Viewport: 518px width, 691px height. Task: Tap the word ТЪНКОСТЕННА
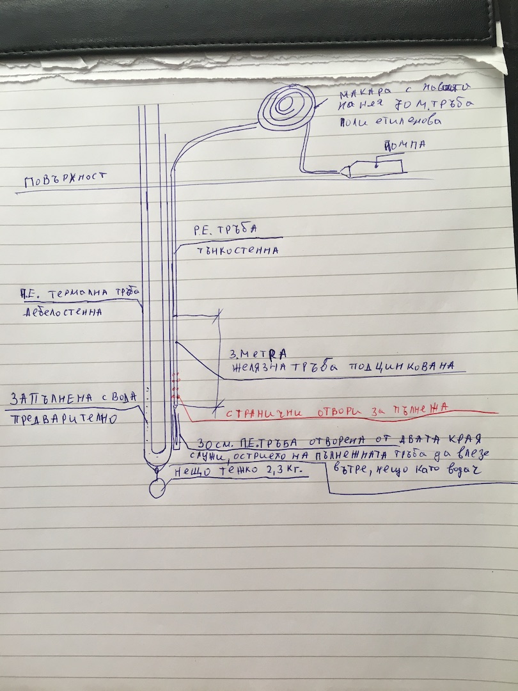pos(235,250)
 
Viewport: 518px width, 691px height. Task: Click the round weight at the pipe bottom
pos(157,489)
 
